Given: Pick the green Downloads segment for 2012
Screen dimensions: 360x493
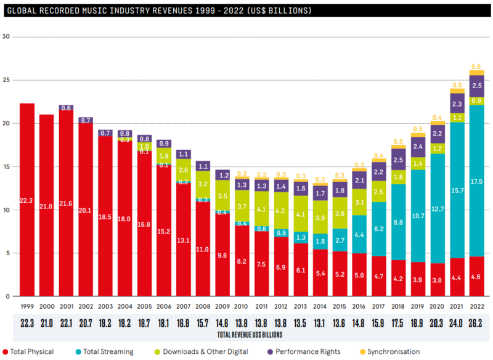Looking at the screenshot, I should [x=281, y=210].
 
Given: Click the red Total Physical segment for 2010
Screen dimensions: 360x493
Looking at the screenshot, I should [x=242, y=261].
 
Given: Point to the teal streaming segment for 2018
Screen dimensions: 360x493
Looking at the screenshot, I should [x=398, y=222].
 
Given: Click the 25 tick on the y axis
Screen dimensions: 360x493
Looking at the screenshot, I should [x=7, y=80].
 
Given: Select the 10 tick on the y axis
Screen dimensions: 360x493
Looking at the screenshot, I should [x=7, y=210].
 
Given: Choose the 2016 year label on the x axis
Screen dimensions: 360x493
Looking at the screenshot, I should [x=360, y=306].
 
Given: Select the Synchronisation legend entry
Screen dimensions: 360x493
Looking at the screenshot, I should [x=393, y=351].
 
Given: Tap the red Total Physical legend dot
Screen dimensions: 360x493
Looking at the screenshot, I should [x=6, y=351].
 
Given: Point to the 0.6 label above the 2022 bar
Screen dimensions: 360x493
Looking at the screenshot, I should [x=476, y=67].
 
